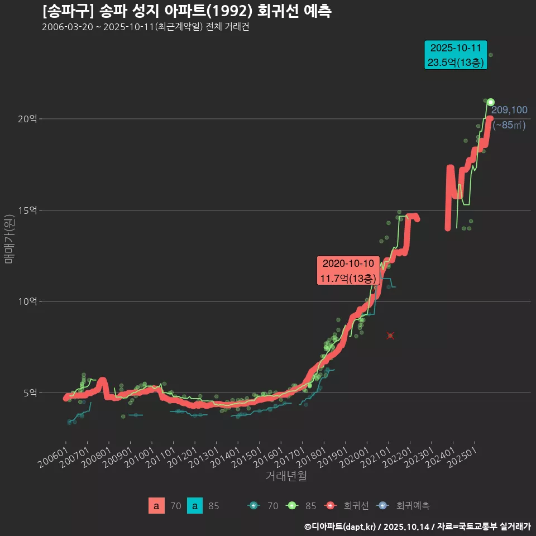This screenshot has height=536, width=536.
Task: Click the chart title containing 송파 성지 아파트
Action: pos(186,11)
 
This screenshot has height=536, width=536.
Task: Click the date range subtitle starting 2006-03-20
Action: pos(145,27)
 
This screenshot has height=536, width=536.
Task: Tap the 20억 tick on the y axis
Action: pos(28,119)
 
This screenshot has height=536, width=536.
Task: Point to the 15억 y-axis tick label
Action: pos(28,210)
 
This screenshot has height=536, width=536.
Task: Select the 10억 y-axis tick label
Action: pos(28,301)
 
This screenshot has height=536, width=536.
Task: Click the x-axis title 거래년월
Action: pos(285,476)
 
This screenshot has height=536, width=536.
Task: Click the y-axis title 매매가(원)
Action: pos(9,239)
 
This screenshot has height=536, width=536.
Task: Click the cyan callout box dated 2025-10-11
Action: pos(456,55)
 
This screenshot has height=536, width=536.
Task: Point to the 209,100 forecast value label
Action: pos(509,110)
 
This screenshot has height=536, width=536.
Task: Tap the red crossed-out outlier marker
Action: pos(390,336)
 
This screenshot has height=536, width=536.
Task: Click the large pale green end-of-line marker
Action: pos(490,102)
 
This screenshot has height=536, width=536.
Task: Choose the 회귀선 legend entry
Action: pos(347,506)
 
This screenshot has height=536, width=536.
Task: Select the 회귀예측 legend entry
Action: pos(404,506)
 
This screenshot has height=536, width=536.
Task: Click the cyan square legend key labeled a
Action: pos(194,506)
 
